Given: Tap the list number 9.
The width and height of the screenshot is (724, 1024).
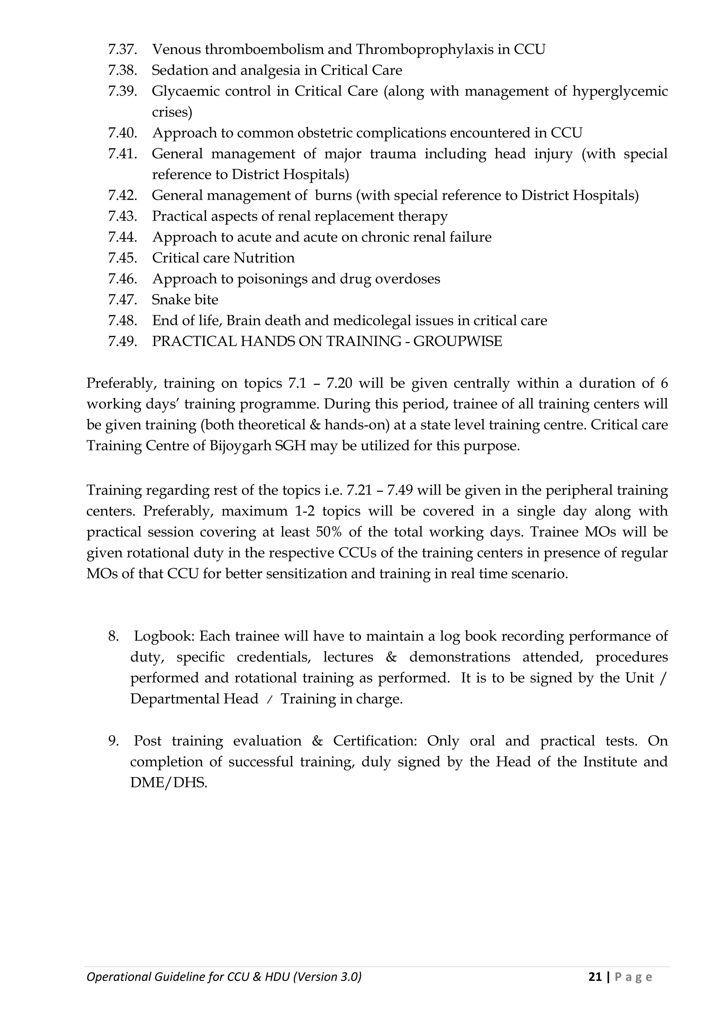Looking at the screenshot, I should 113,741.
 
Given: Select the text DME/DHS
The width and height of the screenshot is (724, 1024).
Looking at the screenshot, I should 169,783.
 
